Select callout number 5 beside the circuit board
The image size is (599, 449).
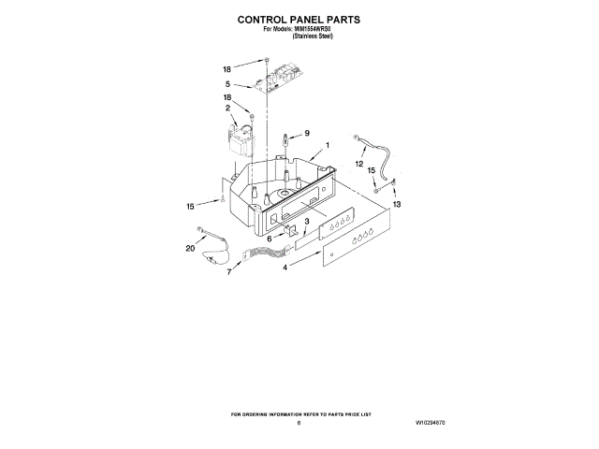[226, 84]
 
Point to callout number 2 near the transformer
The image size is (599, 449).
[226, 109]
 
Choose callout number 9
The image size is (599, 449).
[307, 134]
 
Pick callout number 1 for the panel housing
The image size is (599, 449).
[328, 147]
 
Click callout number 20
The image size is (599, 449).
[190, 249]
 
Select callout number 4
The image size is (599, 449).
[285, 268]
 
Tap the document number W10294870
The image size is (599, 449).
[430, 424]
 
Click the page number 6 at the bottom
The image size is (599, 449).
[299, 424]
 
